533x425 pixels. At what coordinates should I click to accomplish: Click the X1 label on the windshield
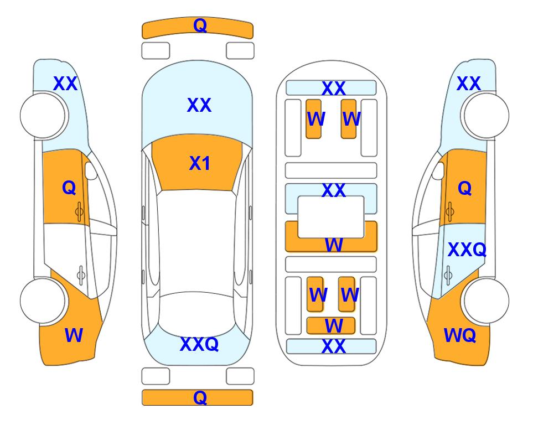point(200,163)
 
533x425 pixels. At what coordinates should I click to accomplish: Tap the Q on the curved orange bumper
point(200,25)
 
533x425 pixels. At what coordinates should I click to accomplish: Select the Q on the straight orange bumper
point(200,397)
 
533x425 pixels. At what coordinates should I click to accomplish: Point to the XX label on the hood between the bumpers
point(199,105)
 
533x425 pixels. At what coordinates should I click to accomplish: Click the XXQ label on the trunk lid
point(199,344)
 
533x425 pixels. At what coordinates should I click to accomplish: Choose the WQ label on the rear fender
point(460,335)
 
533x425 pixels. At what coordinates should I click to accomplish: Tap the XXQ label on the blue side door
point(467,250)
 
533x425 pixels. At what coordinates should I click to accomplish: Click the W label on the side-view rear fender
point(74,335)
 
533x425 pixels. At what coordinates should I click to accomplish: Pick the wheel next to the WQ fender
point(487,300)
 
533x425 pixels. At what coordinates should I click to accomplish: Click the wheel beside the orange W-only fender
point(43,300)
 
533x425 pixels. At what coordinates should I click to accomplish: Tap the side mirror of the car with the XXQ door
point(438,170)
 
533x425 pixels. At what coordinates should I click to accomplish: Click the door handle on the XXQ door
point(448,275)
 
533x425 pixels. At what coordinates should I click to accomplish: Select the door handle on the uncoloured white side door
point(81,275)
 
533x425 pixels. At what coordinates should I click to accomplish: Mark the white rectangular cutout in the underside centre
point(331,217)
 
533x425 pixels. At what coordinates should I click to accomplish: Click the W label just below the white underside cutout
point(334,245)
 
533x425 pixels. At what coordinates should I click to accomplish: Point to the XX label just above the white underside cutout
point(334,190)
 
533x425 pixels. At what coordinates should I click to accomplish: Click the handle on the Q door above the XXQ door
point(450,211)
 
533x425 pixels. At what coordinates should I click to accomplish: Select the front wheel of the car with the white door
point(43,116)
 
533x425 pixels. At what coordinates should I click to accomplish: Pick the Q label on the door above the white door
point(69,188)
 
